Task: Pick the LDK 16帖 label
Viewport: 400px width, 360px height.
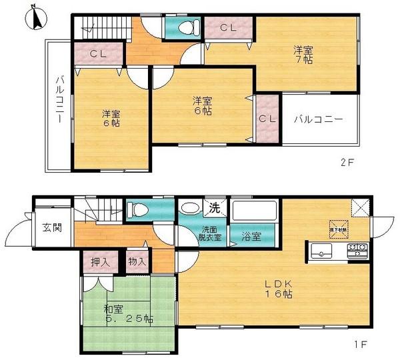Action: pos(277,289)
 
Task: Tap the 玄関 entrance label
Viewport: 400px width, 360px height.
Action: pos(53,227)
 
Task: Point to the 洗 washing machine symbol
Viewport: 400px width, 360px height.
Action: pos(214,207)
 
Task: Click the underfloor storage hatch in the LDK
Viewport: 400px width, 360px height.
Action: pos(337,227)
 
